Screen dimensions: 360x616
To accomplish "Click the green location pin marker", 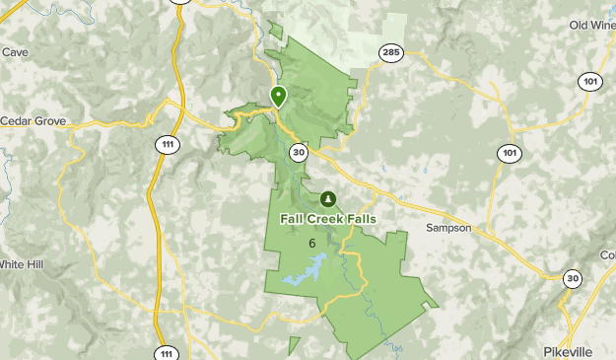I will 279,97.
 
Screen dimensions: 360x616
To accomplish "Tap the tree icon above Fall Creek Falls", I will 327,198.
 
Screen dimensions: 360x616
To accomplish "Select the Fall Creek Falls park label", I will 327,218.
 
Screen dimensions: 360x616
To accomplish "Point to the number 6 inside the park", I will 311,244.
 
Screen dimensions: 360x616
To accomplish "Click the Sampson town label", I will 448,228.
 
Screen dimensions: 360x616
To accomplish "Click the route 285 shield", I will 390,53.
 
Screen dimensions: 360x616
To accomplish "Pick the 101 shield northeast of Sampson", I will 509,153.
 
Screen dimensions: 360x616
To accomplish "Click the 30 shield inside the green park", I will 299,153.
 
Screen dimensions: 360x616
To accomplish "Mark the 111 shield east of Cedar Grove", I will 169,144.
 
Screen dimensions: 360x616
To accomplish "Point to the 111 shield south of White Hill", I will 169,352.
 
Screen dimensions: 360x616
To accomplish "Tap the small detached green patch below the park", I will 294,345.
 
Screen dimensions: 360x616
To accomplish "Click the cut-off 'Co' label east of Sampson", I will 607,254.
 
